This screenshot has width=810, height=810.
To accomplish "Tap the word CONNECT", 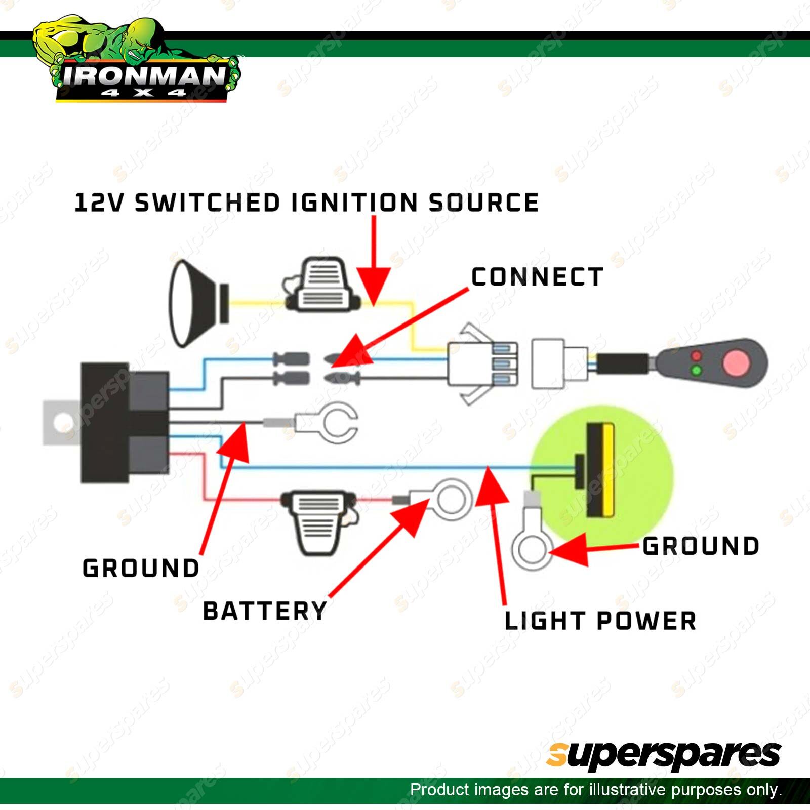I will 537,277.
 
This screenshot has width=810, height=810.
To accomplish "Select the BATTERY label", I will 265,611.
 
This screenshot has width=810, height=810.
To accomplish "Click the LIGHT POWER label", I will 600,621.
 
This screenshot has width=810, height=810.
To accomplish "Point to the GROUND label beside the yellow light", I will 701,546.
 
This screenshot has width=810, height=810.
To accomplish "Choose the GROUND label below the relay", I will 141,568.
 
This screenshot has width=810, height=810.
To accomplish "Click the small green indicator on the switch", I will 696,371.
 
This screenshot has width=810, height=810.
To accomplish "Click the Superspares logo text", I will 663,756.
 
